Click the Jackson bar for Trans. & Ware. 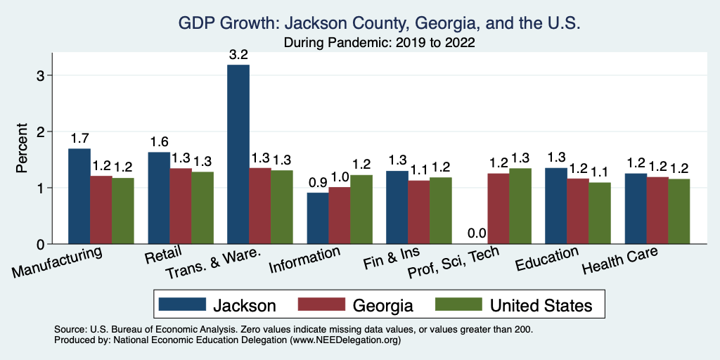pyautogui.click(x=238, y=155)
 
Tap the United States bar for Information pyautogui.click(x=361, y=210)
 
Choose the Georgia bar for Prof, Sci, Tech pyautogui.click(x=499, y=209)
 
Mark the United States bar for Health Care pyautogui.click(x=679, y=212)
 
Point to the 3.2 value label pyautogui.click(x=238, y=54)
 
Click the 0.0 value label pyautogui.click(x=477, y=233)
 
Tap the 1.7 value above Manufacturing pyautogui.click(x=79, y=138)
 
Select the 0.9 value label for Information pyautogui.click(x=318, y=182)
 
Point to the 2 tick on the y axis pyautogui.click(x=41, y=131)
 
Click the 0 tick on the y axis pyautogui.click(x=41, y=245)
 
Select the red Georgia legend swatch pyautogui.click(x=321, y=305)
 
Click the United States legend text pyautogui.click(x=541, y=305)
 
